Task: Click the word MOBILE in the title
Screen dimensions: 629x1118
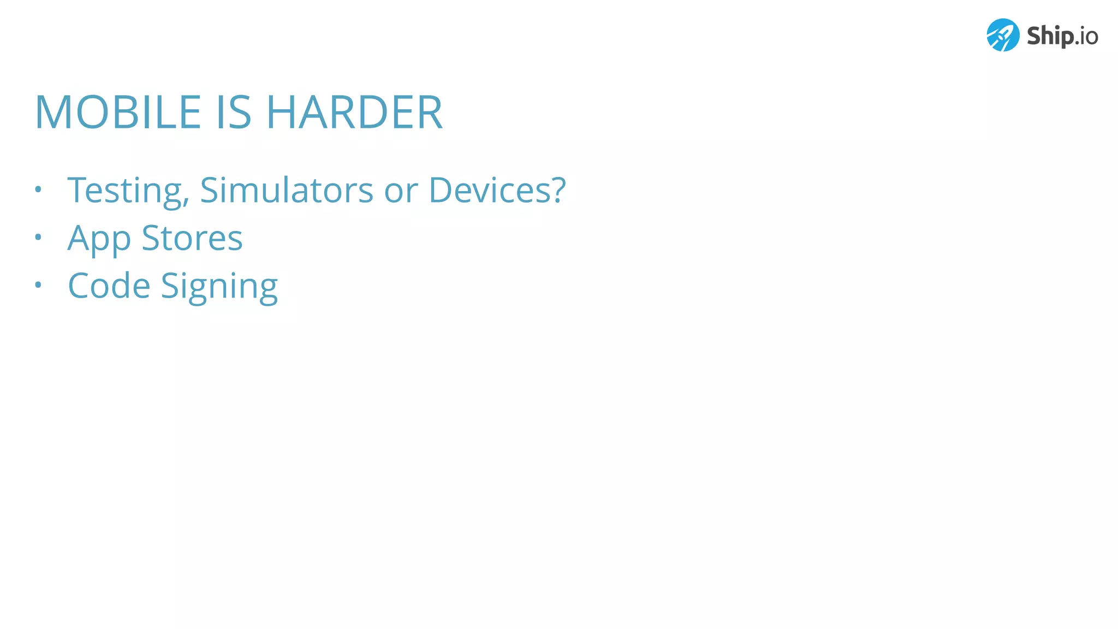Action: pos(118,112)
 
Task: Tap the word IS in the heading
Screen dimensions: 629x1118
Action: pos(234,112)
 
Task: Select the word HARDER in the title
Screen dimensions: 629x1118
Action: pos(354,112)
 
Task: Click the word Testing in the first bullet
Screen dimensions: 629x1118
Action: pos(124,191)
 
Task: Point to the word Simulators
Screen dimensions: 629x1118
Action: pos(287,191)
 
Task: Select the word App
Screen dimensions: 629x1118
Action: pos(99,239)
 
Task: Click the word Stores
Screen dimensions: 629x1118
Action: pos(192,238)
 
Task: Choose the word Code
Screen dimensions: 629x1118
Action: pos(109,286)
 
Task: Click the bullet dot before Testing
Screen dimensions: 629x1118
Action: pos(38,189)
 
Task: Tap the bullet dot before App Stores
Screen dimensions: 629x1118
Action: pos(38,237)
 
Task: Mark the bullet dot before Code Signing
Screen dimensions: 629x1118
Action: pos(38,284)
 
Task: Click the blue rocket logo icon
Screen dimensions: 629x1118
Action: pos(1002,35)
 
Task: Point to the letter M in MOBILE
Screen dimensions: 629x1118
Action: pos(54,112)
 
